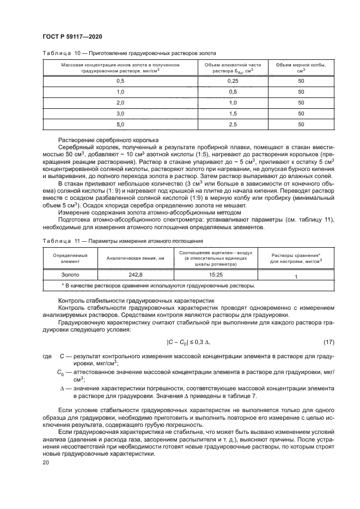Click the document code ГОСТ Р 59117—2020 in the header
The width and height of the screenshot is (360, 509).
pos(72,36)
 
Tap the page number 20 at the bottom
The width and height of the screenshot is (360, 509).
pos(46,462)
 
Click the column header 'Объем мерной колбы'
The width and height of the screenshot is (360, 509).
pos(301,68)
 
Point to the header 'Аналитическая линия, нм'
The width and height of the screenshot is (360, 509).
pos(135,259)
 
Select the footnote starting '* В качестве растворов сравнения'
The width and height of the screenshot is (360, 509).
pos(157,285)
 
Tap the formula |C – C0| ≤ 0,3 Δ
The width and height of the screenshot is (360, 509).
pos(188,342)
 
